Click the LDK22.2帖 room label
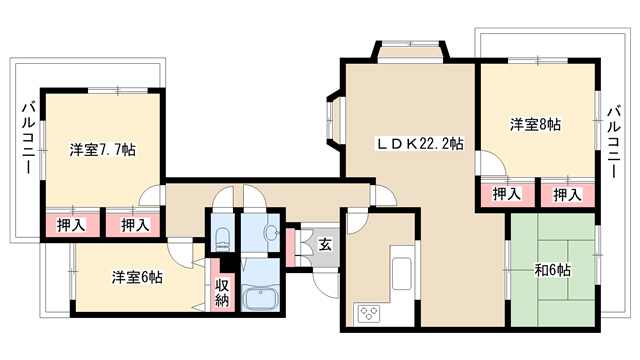420,144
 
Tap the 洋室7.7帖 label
102,150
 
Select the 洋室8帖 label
535,124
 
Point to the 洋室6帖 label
137,278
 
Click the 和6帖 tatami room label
553,270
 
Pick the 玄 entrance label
325,245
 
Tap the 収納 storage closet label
222,292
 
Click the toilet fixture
222,240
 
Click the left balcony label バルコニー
28,138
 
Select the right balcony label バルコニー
614,142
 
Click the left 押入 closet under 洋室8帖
508,195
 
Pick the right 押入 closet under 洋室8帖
567,195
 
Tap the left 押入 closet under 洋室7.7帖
72,225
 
